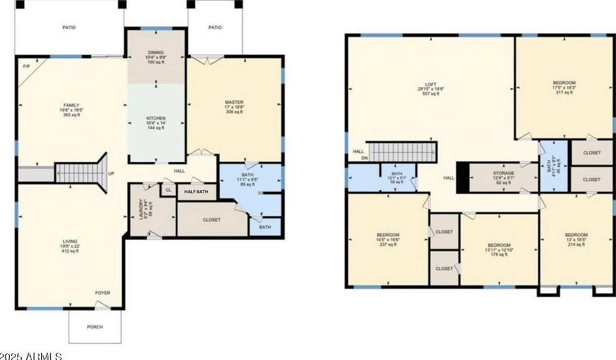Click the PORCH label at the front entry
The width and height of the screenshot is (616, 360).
point(95,327)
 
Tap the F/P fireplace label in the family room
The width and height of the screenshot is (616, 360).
point(26,67)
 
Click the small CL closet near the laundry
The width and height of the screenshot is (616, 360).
point(168,190)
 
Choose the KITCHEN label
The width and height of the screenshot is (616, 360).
point(156,118)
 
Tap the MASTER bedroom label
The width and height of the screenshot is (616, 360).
point(234,102)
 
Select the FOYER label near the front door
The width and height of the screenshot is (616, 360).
point(102,293)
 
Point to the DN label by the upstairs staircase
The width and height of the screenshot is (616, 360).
point(364,158)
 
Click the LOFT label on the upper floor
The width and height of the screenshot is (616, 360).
point(430,84)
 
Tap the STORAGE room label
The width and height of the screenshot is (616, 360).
point(503,173)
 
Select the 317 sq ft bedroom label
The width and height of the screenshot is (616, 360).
point(564,83)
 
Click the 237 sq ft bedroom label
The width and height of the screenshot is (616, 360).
point(388,235)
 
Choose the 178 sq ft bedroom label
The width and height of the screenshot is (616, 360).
point(499,245)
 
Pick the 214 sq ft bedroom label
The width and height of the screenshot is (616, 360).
point(576,235)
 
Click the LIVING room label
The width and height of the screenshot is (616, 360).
point(69,241)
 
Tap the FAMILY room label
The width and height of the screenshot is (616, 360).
point(71,105)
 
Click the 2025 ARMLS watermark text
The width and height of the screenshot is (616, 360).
point(31,356)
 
